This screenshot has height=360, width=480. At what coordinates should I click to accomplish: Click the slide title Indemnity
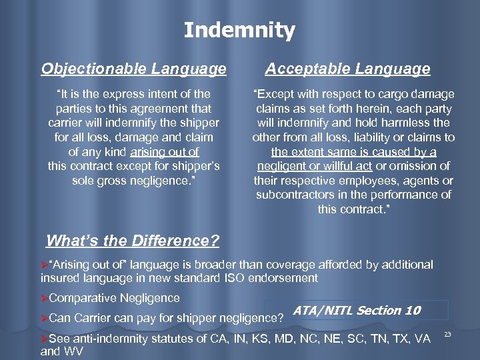[x=239, y=30]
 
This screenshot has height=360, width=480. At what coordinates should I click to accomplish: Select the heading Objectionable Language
[x=133, y=69]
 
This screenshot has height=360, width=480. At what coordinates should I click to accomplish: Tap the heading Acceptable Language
[x=347, y=69]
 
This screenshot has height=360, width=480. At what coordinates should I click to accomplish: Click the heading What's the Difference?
[x=133, y=240]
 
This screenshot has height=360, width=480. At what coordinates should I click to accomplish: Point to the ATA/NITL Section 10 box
[x=357, y=310]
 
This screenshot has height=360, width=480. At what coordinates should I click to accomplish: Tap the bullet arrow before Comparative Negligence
[x=45, y=297]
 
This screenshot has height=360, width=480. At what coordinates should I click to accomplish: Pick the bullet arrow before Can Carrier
[x=45, y=317]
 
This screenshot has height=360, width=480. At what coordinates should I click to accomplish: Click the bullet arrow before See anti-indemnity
[x=45, y=338]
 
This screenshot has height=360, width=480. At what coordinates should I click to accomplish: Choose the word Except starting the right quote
[x=276, y=94]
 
